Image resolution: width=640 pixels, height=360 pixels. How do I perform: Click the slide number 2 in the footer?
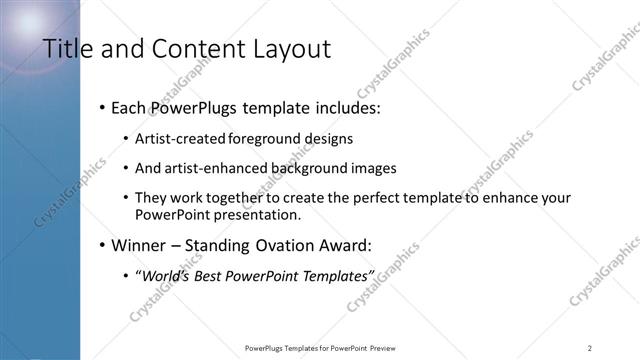590,347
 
